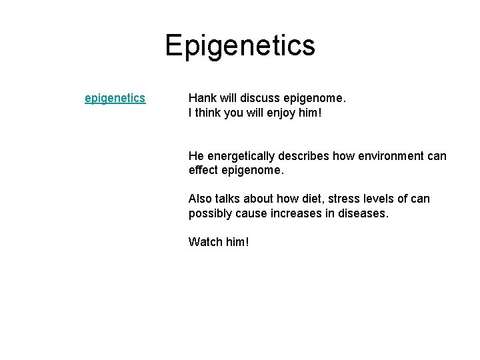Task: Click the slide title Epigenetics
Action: pyautogui.click(x=240, y=45)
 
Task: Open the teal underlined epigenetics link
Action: pyautogui.click(x=115, y=99)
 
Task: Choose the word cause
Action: pyautogui.click(x=256, y=213)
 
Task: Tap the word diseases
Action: pyautogui.click(x=364, y=213)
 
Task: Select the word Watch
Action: pyautogui.click(x=205, y=241)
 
